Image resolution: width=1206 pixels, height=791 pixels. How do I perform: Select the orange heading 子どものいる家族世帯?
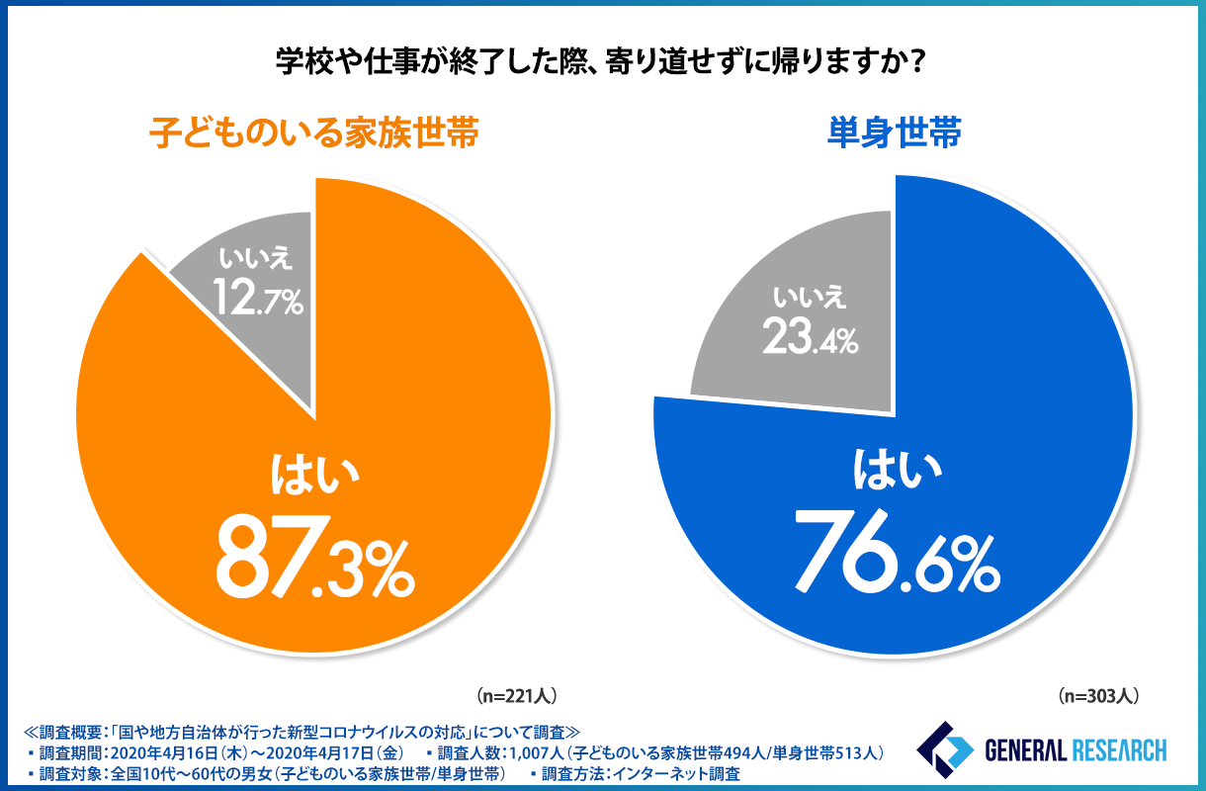click(x=313, y=132)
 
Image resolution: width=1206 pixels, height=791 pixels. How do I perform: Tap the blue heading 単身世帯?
click(x=894, y=132)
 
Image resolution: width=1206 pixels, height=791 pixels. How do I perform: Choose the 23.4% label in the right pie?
click(x=810, y=338)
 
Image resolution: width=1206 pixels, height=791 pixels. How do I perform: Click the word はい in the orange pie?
click(x=312, y=476)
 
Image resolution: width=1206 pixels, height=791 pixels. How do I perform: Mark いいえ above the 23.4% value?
click(x=810, y=298)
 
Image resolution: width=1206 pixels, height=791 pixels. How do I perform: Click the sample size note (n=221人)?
click(x=523, y=695)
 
